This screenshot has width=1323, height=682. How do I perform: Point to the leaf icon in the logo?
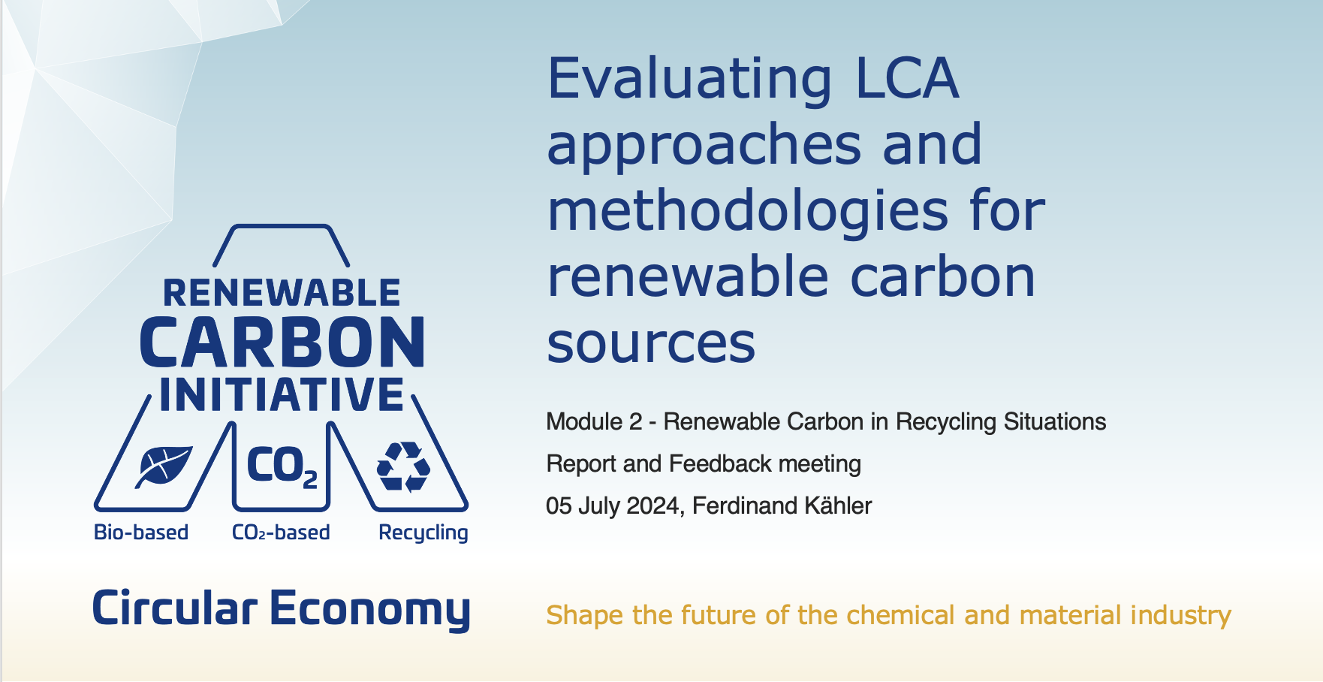pos(164,466)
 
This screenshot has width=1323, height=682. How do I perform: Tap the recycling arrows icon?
pos(403,466)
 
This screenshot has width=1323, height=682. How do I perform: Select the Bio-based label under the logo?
pos(141,533)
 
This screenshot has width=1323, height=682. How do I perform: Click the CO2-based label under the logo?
pos(281,533)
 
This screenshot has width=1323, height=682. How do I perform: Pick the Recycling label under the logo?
pos(423,533)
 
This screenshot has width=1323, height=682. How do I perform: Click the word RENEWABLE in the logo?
pos(282,293)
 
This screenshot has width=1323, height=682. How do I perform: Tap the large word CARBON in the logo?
pos(282,343)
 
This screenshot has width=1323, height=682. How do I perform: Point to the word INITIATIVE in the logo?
pos(282,395)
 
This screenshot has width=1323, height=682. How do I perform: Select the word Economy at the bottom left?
pos(369,609)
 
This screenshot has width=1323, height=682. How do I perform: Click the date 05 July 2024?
pos(612,505)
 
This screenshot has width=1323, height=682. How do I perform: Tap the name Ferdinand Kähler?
pos(782,505)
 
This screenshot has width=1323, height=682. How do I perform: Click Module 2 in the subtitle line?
pos(594,421)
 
